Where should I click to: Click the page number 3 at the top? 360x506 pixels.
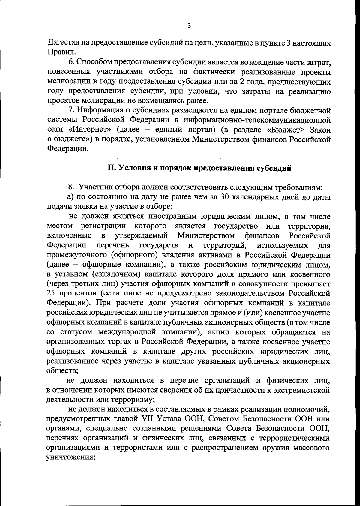(x=189, y=26)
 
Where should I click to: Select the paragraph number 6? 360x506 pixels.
(x=71, y=62)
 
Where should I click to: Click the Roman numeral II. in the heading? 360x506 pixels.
(x=112, y=168)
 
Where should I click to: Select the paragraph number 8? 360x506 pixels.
(x=71, y=188)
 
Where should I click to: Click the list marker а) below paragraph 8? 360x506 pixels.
(x=70, y=197)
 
